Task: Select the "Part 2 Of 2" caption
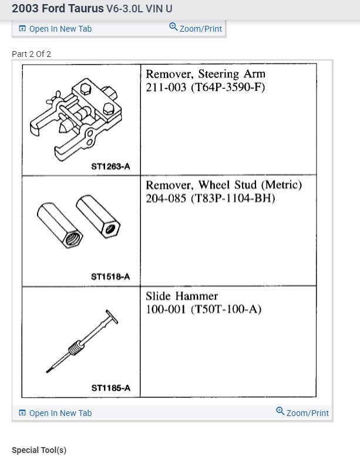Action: (x=32, y=54)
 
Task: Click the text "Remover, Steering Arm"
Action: (x=205, y=75)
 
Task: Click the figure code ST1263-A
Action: (x=110, y=166)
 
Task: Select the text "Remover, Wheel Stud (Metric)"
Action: (x=223, y=185)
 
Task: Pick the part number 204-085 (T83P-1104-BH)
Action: (x=210, y=199)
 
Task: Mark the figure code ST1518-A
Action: (x=110, y=277)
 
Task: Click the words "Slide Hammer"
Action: (x=181, y=296)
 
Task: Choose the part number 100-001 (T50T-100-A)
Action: (x=203, y=310)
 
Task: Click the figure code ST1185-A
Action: (x=110, y=388)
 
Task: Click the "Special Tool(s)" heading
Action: (x=39, y=451)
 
